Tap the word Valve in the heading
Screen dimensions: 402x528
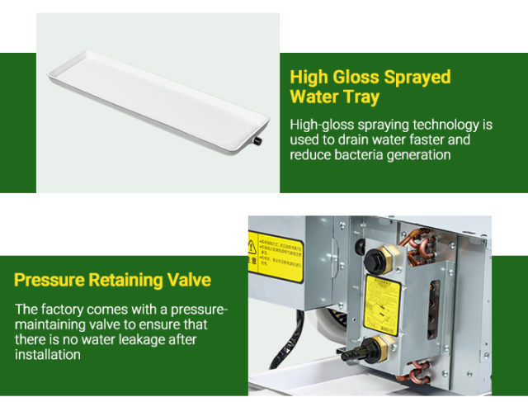click(186, 280)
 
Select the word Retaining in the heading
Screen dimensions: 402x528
click(124, 280)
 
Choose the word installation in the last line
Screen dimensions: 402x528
click(48, 355)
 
